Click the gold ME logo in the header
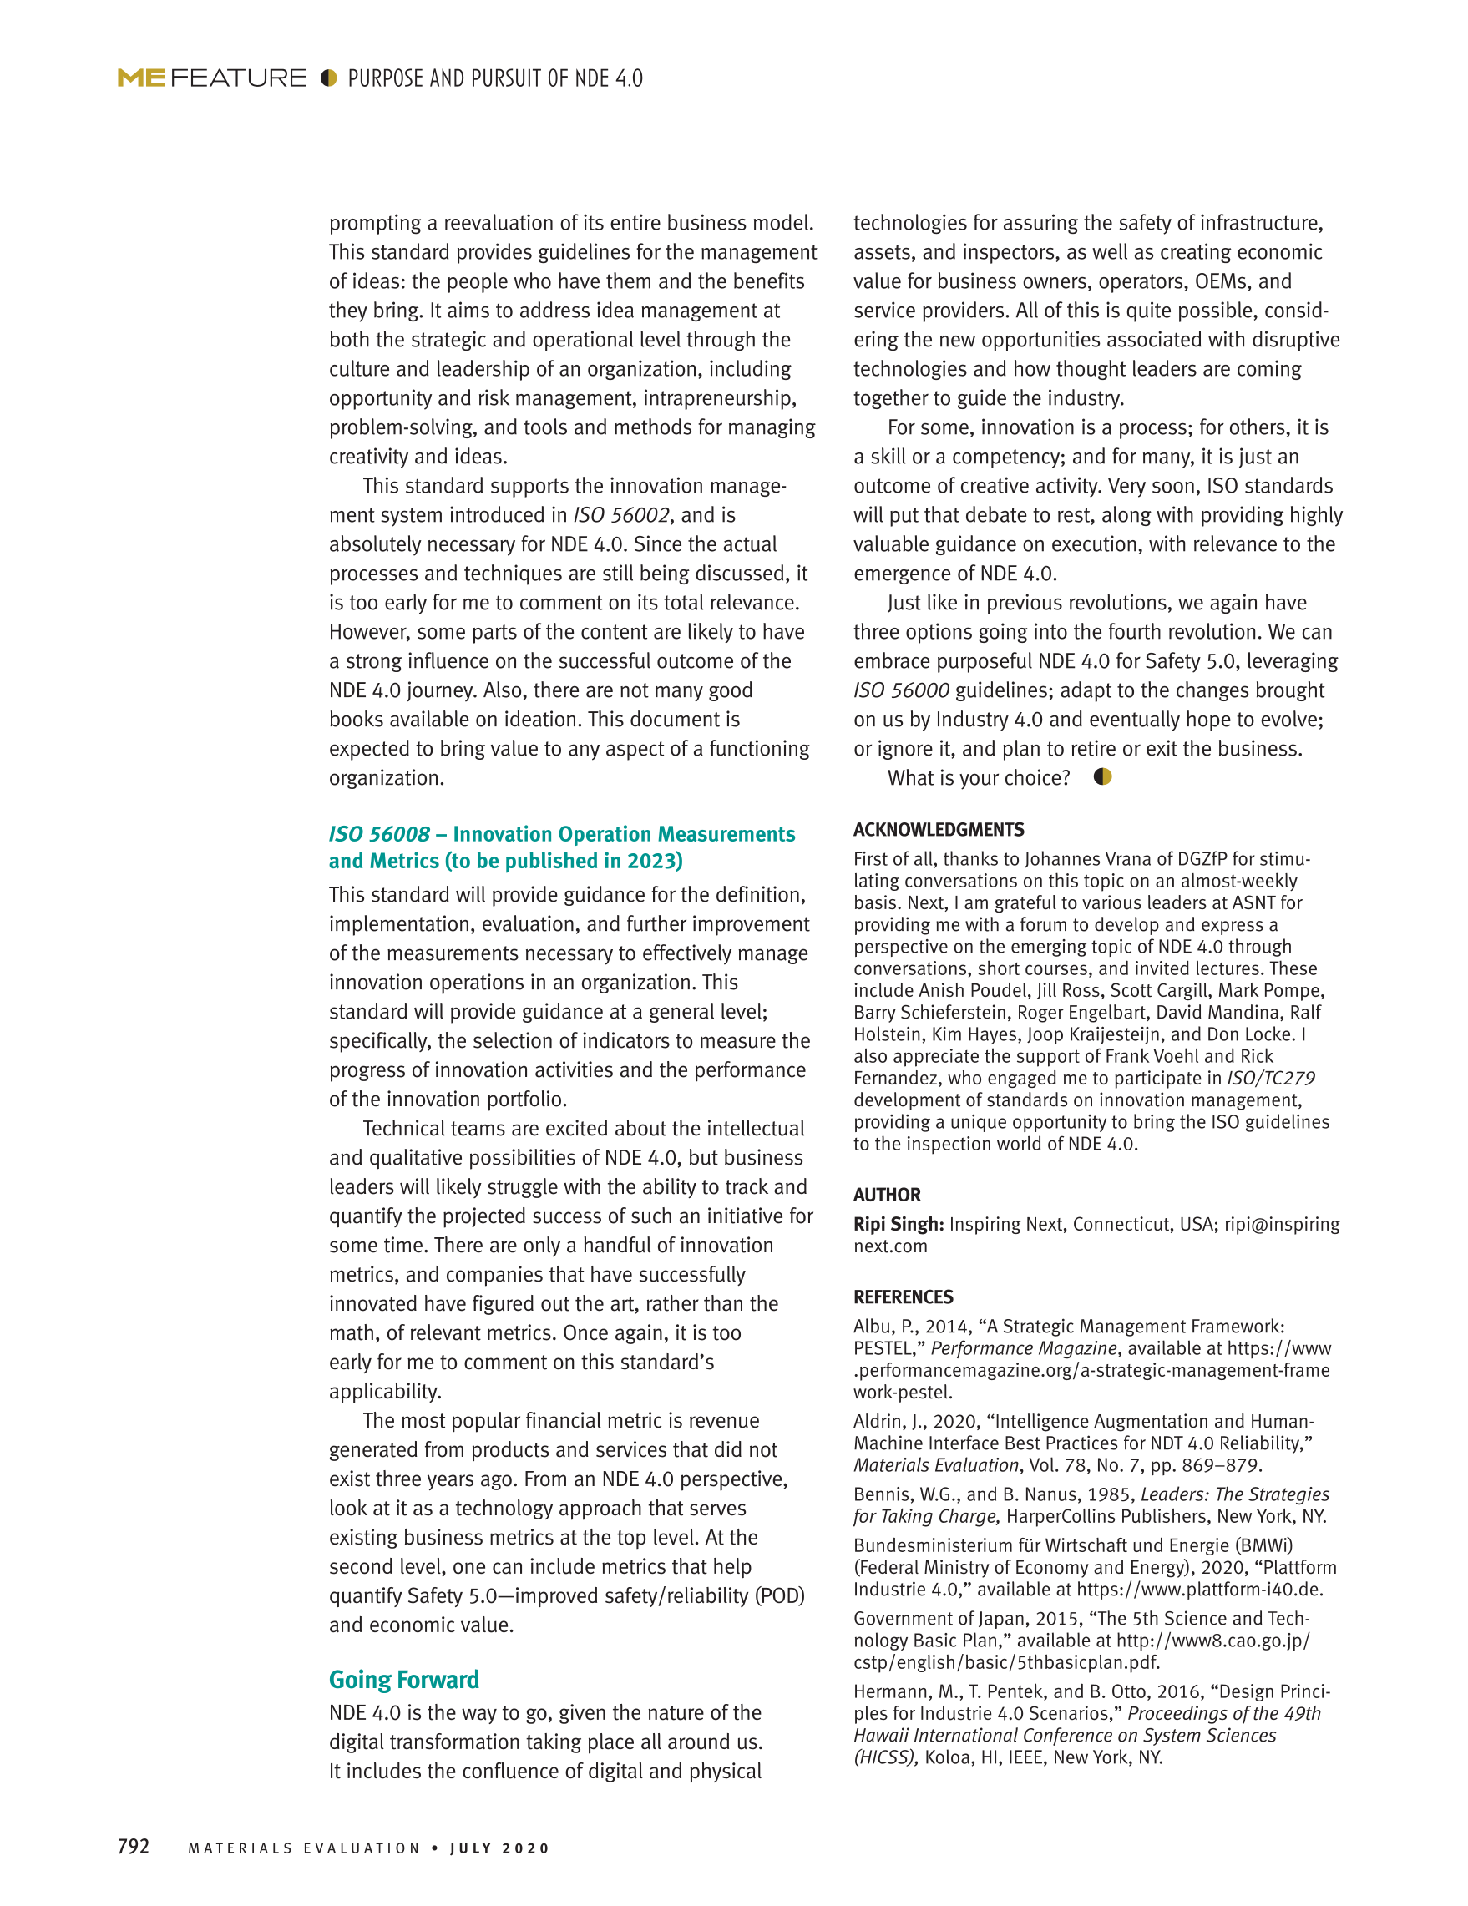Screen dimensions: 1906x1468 point(141,78)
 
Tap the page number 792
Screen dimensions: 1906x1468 point(134,1846)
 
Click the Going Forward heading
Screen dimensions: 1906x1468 point(404,1680)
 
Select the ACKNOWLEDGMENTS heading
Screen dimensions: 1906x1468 point(939,830)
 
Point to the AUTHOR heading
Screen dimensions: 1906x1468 point(887,1195)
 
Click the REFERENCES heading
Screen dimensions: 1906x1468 point(904,1297)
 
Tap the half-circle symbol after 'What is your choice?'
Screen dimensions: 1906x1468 point(1102,776)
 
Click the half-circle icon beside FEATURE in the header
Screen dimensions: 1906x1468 point(328,78)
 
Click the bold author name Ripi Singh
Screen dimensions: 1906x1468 point(898,1225)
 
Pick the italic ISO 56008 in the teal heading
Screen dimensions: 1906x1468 point(380,834)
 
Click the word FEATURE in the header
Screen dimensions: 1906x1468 point(238,78)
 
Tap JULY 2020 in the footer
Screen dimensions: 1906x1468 point(500,1848)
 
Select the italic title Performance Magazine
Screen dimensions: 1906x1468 point(1023,1348)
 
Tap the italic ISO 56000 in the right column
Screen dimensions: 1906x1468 point(901,691)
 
